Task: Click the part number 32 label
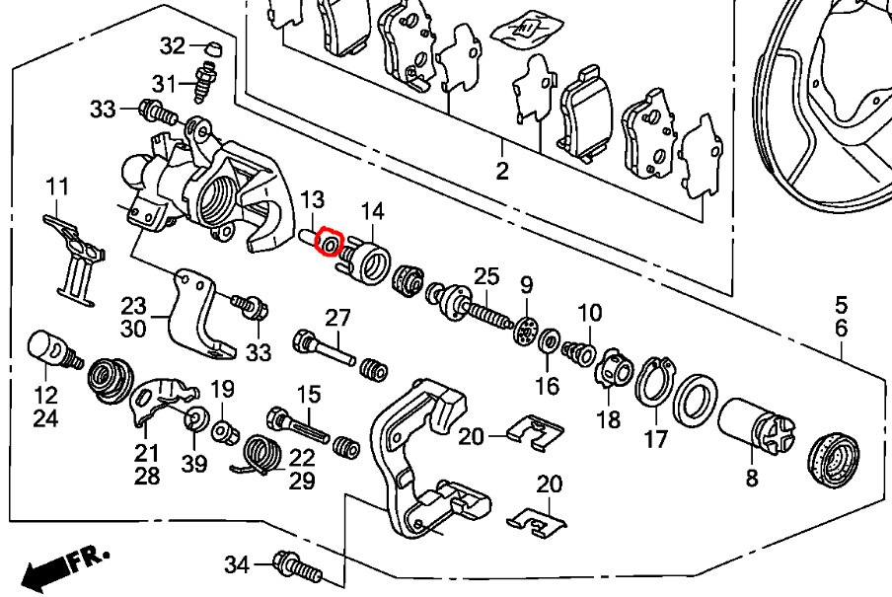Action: (173, 45)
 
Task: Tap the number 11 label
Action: (58, 185)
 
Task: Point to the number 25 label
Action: (487, 275)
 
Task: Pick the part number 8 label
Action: (752, 481)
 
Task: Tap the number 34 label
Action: (238, 564)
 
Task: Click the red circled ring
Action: (330, 243)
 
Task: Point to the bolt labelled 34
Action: (294, 567)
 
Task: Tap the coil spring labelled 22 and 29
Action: (260, 456)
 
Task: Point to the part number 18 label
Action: (609, 419)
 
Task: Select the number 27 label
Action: (337, 318)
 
